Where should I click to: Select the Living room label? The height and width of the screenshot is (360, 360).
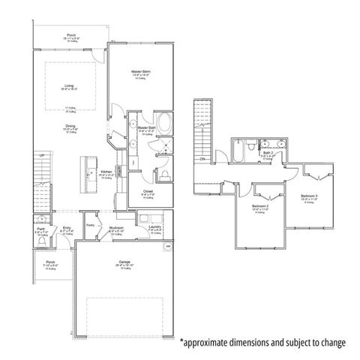tap(69, 85)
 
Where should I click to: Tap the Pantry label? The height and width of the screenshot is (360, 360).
tap(91, 224)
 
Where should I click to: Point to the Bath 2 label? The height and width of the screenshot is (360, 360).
tap(268, 154)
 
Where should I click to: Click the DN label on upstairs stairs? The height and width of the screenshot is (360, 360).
tap(201, 158)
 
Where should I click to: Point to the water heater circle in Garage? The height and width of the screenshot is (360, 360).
tap(168, 245)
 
